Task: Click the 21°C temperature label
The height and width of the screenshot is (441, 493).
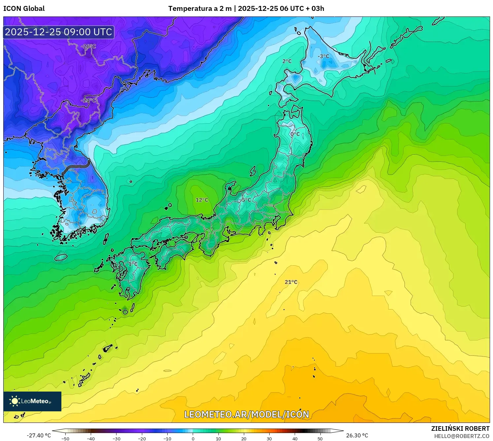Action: tap(291, 282)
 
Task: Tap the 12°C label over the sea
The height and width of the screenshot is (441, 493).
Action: tap(202, 200)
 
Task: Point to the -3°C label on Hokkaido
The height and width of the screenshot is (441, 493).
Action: tap(323, 56)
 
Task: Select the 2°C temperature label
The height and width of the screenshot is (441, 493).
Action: tap(287, 61)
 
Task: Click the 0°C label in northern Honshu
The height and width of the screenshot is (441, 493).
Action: tap(295, 134)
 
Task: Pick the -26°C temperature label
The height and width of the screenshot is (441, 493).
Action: tap(88, 46)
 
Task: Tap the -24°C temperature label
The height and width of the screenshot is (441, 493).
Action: tap(89, 100)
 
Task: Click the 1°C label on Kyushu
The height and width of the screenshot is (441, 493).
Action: tap(133, 264)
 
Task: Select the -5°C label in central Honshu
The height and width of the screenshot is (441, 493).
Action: tap(246, 200)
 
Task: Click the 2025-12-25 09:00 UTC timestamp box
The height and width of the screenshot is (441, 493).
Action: tap(59, 32)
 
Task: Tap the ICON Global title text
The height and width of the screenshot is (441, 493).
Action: tap(24, 9)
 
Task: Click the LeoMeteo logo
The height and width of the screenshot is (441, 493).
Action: tap(32, 401)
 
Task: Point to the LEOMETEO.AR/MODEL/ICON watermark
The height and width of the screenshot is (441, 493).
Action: tap(246, 414)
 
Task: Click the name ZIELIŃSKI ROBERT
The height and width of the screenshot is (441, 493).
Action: tap(460, 428)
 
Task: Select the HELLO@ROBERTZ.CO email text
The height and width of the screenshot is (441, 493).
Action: tap(462, 436)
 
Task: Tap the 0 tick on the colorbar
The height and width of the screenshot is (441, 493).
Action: tap(193, 438)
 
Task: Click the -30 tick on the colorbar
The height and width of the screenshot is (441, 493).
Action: tap(116, 438)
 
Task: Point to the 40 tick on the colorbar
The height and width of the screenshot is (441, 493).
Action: tap(295, 438)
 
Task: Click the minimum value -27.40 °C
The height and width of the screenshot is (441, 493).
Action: tap(39, 435)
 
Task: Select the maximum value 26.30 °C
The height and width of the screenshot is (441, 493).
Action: tap(357, 435)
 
